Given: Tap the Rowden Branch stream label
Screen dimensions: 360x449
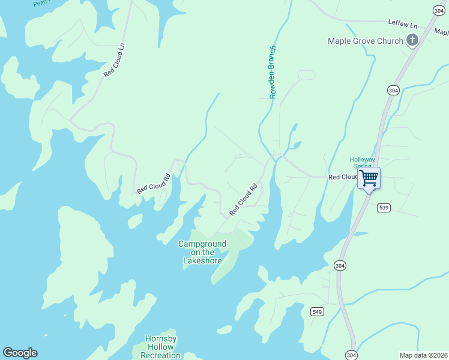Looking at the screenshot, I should click(x=273, y=72).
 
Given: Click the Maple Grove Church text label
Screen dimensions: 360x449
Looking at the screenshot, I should click(x=365, y=41).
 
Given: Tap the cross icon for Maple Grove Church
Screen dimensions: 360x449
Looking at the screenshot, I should click(x=412, y=40).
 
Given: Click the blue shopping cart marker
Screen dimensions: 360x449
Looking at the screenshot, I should click(x=369, y=178).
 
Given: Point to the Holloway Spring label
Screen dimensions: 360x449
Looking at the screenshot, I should click(x=363, y=162).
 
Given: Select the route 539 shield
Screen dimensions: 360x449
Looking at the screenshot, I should click(x=384, y=208).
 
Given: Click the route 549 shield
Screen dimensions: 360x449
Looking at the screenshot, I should click(x=318, y=311).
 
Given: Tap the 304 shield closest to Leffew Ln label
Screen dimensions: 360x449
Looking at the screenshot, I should click(x=439, y=10).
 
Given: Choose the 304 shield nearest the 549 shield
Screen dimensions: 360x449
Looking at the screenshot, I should click(x=340, y=265).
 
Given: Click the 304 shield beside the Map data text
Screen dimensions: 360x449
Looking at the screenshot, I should click(x=352, y=355).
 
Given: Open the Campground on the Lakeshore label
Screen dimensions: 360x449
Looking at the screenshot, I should click(x=202, y=252).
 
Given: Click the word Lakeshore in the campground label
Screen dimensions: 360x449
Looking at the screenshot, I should click(x=202, y=260).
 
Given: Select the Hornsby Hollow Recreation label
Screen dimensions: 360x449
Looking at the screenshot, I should click(x=160, y=347).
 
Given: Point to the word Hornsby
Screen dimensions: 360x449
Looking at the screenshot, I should click(x=160, y=338).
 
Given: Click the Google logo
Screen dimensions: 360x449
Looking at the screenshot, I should click(x=20, y=353).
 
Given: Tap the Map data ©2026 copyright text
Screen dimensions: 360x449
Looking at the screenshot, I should click(x=423, y=355).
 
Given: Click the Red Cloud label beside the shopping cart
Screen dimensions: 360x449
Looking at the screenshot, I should click(x=342, y=177).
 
